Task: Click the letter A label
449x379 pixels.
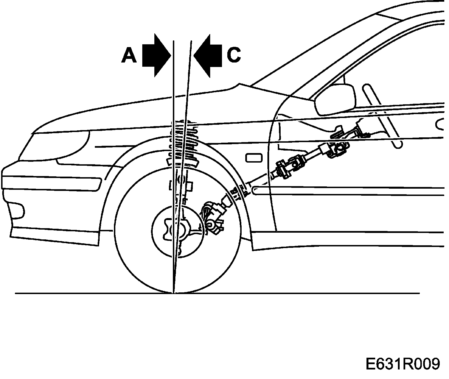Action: click(x=129, y=55)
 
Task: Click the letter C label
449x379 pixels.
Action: click(x=233, y=55)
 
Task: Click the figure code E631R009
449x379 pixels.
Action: click(x=402, y=364)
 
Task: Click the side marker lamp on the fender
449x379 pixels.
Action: click(x=254, y=158)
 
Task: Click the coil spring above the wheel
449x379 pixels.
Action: click(x=184, y=140)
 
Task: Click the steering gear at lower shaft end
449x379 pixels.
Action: click(x=213, y=216)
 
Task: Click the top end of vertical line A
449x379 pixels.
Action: click(x=174, y=41)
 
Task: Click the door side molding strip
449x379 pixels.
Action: click(x=348, y=191)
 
